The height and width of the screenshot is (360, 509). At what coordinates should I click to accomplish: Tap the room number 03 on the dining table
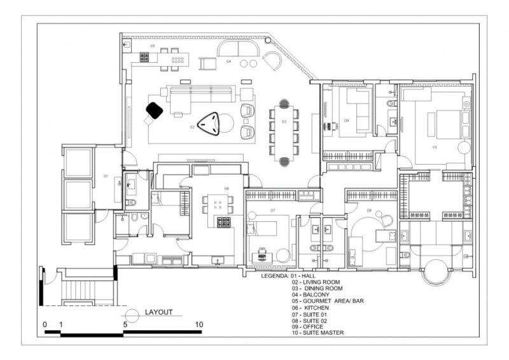pyautogui.click(x=284, y=121)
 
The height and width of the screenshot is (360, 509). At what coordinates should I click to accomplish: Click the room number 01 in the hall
pyautogui.click(x=107, y=176)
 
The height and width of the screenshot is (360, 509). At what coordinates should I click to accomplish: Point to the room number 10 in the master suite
pyautogui.click(x=435, y=147)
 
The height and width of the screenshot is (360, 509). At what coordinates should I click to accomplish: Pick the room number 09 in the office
pyautogui.click(x=347, y=120)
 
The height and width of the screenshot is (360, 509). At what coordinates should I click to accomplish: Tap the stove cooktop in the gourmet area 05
pyautogui.click(x=144, y=57)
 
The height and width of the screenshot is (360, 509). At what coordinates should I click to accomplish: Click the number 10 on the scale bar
pyautogui.click(x=199, y=324)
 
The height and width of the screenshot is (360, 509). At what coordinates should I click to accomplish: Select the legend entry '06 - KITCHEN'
pyautogui.click(x=310, y=308)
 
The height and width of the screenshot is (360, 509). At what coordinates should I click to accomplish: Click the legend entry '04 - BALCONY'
pyautogui.click(x=311, y=295)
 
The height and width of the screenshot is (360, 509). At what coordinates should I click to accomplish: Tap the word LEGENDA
pyautogui.click(x=275, y=276)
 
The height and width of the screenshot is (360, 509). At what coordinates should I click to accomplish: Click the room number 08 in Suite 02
pyautogui.click(x=369, y=209)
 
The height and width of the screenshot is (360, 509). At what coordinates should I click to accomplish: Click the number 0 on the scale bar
pyautogui.click(x=45, y=324)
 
